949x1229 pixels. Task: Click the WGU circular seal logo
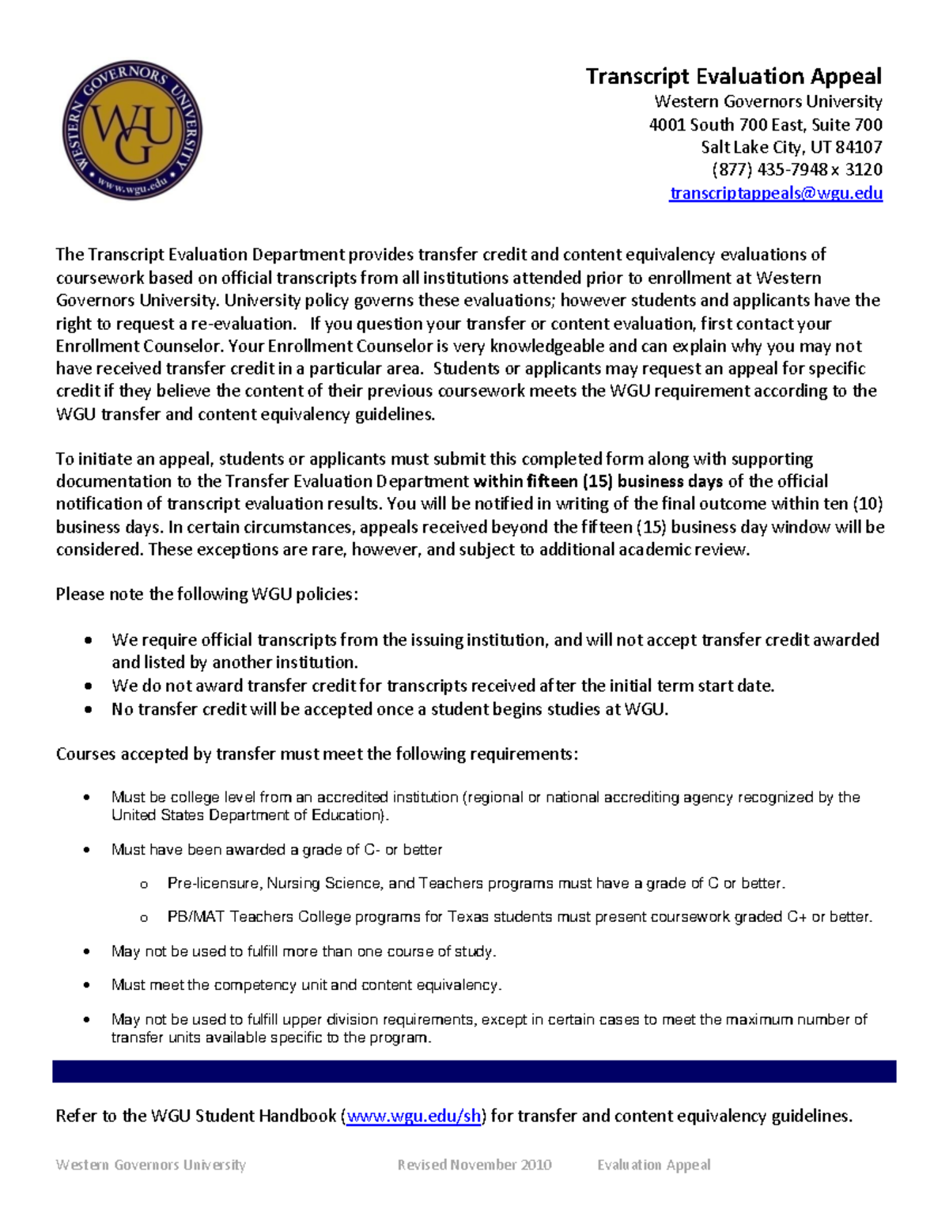pos(132,131)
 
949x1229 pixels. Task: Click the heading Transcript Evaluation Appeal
pos(733,77)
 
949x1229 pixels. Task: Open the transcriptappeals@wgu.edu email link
pos(775,193)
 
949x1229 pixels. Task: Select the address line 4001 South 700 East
pos(765,124)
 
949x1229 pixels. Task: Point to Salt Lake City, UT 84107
pos(791,147)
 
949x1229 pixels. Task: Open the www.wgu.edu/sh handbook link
pos(414,1116)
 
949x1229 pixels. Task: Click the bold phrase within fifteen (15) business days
pos(598,481)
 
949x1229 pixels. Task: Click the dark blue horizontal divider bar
pos(474,1072)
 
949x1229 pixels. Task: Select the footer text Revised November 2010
pos(475,1165)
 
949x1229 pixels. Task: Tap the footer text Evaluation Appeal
pos(653,1165)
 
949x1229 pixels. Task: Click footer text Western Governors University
pos(150,1165)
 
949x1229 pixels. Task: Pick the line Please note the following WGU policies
pos(206,594)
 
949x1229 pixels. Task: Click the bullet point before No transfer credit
pos(88,710)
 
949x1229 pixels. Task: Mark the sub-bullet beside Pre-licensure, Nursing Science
pos(144,884)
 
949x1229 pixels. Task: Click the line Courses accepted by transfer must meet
pos(316,754)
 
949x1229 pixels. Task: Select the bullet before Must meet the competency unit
pos(88,986)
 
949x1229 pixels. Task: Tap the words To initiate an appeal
pos(134,459)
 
